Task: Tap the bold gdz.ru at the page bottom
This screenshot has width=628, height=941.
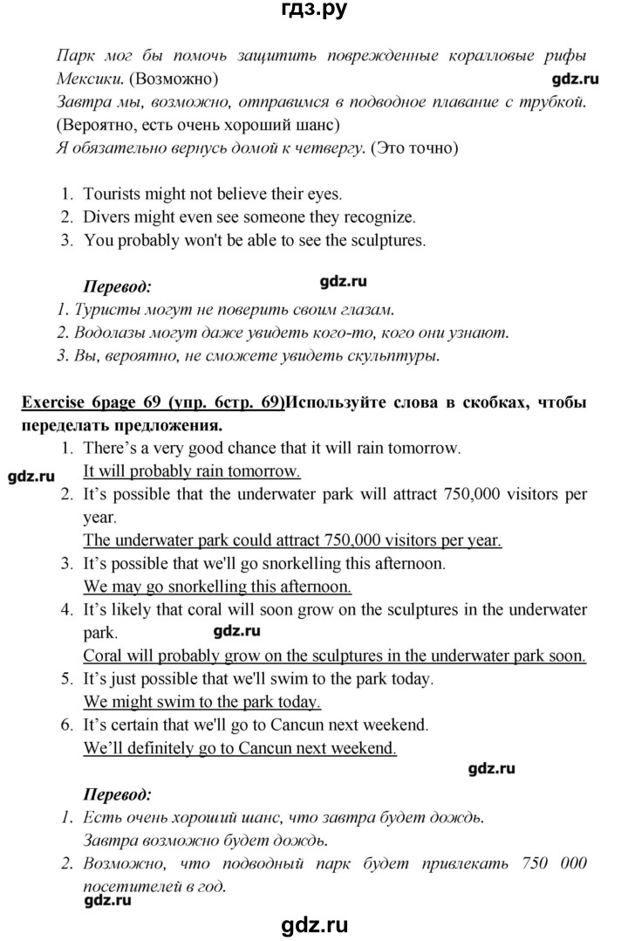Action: coord(313,924)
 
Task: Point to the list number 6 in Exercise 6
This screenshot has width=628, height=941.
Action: coord(66,725)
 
